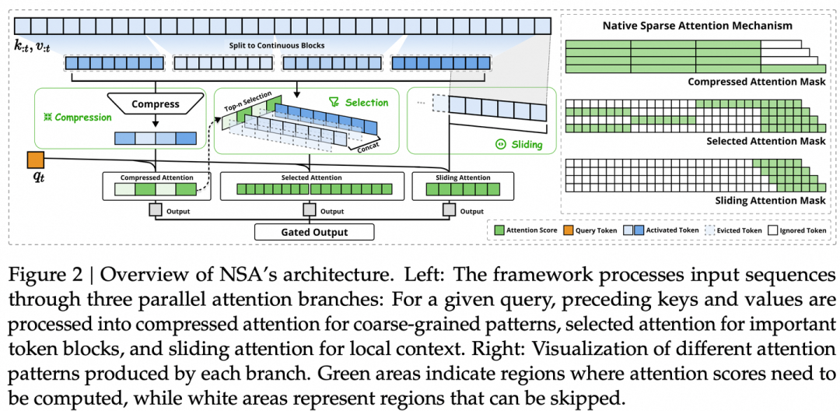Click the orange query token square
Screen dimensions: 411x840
coord(36,160)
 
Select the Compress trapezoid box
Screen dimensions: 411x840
coord(156,104)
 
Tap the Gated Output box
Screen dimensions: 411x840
coord(314,232)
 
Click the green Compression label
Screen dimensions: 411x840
coord(78,118)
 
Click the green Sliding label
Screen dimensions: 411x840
coord(523,145)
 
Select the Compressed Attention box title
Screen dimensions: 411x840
coord(156,177)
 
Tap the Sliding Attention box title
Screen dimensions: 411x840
coord(463,177)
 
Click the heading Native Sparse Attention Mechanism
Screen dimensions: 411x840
coord(698,26)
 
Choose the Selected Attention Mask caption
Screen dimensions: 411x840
coord(766,141)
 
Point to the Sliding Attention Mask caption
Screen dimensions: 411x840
coord(768,200)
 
